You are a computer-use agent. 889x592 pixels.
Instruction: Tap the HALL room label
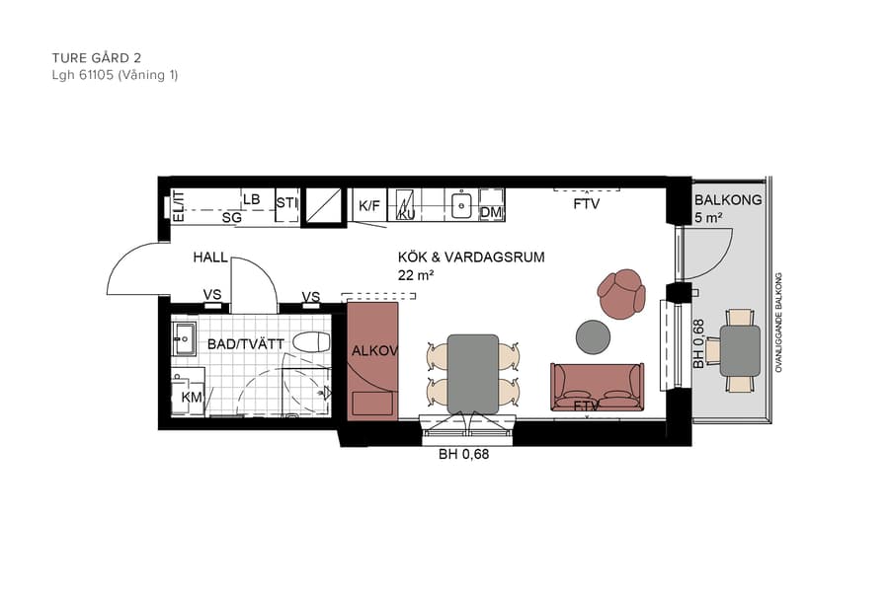pyautogui.click(x=210, y=258)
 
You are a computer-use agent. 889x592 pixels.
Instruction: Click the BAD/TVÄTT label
pyautogui.click(x=246, y=343)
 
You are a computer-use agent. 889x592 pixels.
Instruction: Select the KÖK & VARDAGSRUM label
pyautogui.click(x=471, y=258)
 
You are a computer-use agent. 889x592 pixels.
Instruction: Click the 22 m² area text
pyautogui.click(x=417, y=275)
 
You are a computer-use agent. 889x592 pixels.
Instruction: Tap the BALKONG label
pyautogui.click(x=727, y=200)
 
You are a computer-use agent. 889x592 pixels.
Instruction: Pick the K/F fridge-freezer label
pyautogui.click(x=369, y=206)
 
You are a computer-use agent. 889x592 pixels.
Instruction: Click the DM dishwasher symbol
pyautogui.click(x=491, y=211)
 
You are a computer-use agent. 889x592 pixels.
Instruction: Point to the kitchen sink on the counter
pyautogui.click(x=461, y=206)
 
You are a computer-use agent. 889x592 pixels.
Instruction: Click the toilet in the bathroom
pyautogui.click(x=310, y=342)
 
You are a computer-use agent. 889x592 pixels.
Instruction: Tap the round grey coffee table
pyautogui.click(x=594, y=336)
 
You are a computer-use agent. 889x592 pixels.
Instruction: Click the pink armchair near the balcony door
pyautogui.click(x=621, y=295)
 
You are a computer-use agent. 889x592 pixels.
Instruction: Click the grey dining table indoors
pyautogui.click(x=472, y=373)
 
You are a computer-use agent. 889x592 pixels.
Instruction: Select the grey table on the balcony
pyautogui.click(x=740, y=350)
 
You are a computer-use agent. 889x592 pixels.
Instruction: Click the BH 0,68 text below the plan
pyautogui.click(x=463, y=455)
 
